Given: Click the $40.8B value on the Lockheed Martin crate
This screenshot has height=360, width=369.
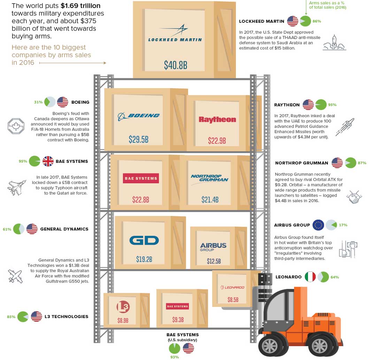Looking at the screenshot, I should [176, 65].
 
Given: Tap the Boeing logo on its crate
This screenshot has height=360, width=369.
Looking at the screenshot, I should [138, 115].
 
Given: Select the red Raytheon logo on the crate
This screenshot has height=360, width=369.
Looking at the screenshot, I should [217, 119].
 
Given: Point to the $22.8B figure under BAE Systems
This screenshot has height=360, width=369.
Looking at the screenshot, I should [141, 200].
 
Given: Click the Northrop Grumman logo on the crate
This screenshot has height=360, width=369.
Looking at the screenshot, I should [209, 179].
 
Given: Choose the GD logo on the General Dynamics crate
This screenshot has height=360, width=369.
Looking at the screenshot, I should [144, 240].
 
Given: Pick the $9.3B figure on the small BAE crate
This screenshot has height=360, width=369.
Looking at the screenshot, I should [178, 319].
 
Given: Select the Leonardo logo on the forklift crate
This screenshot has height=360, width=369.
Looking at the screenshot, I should [232, 287].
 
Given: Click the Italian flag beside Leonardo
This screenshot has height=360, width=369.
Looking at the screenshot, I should [310, 277].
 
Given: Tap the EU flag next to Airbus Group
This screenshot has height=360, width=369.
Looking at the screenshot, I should [318, 225].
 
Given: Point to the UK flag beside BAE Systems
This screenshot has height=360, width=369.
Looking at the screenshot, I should [48, 161].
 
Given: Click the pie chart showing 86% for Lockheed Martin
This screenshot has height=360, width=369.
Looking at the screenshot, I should [305, 21].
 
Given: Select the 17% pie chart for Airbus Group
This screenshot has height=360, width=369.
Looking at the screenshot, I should [331, 225].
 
